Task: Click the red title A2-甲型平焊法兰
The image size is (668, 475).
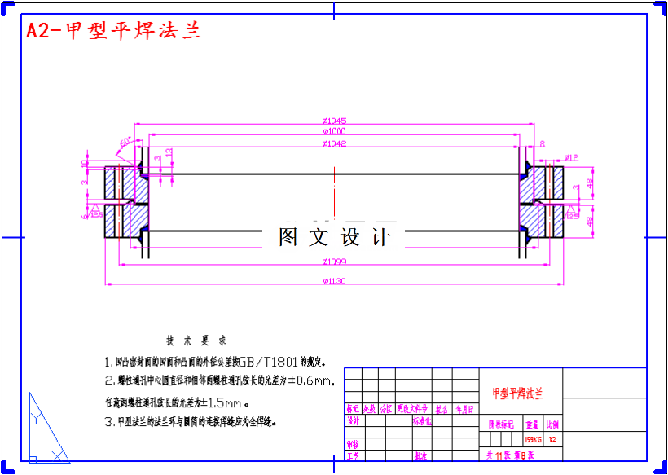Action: click(x=113, y=31)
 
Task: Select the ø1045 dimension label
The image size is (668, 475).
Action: click(x=335, y=121)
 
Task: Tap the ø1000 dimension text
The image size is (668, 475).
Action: click(x=334, y=131)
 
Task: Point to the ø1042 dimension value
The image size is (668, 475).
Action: click(x=335, y=144)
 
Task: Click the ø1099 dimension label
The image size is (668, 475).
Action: click(x=335, y=262)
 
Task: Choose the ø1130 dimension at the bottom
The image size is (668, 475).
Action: click(x=335, y=282)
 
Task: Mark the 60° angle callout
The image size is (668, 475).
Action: click(x=125, y=142)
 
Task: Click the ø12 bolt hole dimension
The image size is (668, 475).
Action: click(x=570, y=157)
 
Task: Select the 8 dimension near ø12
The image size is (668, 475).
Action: click(x=543, y=144)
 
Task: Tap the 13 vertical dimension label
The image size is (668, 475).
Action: click(x=169, y=152)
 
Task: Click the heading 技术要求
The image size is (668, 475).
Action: click(x=196, y=341)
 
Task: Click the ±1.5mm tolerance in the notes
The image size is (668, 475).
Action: click(x=222, y=402)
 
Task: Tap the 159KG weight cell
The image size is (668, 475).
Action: click(x=533, y=439)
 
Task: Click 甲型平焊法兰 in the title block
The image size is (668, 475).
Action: click(x=517, y=394)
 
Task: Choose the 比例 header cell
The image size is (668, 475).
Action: click(x=553, y=424)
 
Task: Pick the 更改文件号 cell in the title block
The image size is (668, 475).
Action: click(x=412, y=409)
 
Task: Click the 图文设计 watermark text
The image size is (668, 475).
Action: click(x=335, y=237)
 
